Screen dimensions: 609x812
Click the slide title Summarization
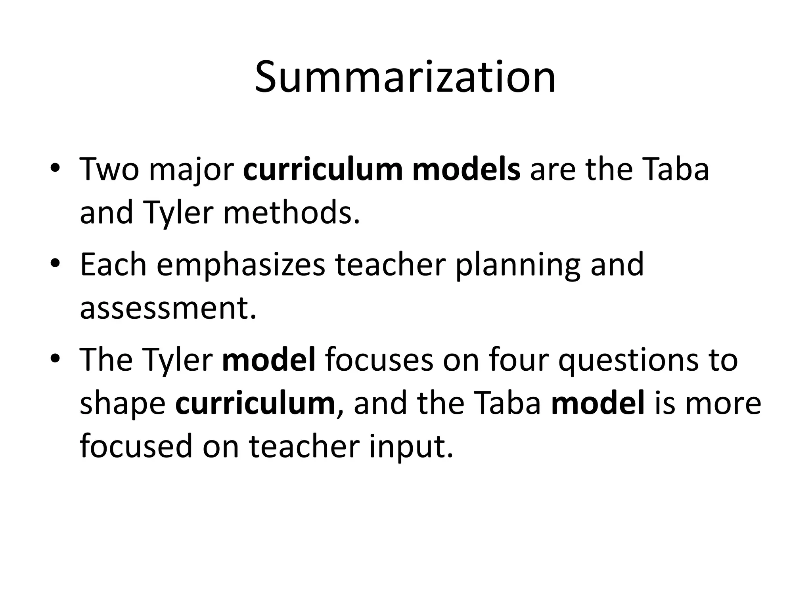(405, 78)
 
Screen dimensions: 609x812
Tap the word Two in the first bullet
(109, 170)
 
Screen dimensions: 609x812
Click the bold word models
(466, 170)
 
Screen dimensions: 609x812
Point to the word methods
(292, 213)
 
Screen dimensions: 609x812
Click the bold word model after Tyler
(269, 360)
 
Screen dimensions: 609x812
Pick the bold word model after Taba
(598, 404)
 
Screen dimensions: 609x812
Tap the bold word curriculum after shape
(255, 404)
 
